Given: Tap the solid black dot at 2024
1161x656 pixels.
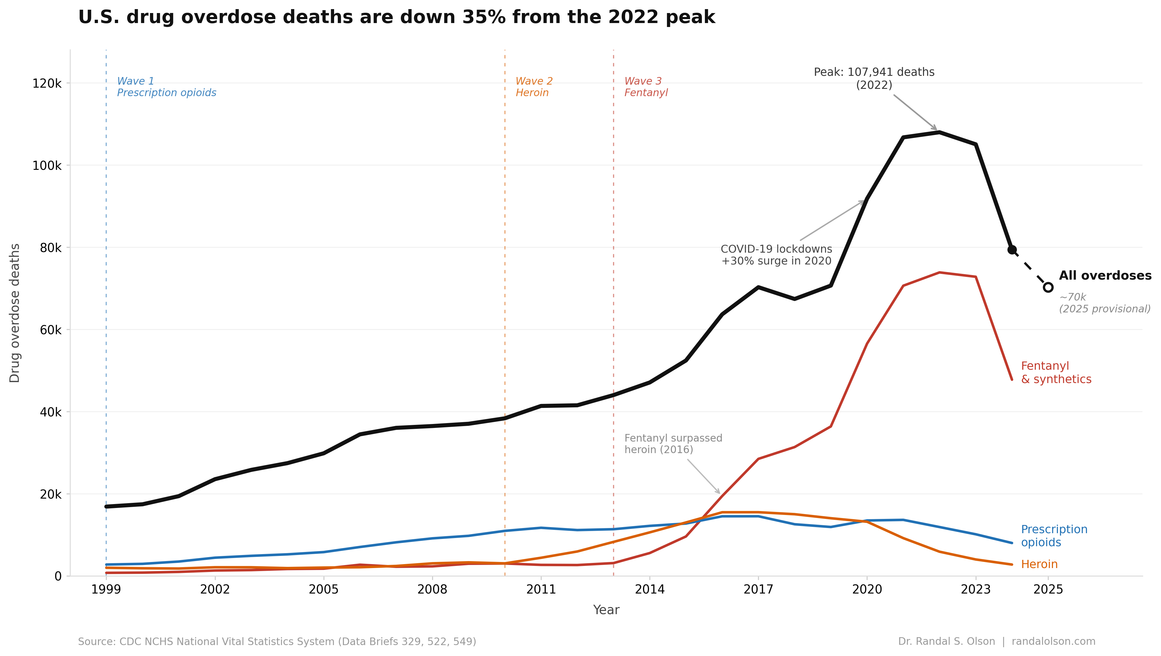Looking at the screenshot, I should pos(1012,250).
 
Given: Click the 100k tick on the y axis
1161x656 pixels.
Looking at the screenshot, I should pos(47,165).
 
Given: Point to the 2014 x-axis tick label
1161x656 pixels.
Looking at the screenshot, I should pos(649,589).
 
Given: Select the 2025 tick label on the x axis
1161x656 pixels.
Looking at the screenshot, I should pos(1048,589).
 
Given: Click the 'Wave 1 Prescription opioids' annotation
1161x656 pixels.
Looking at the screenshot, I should pos(166,87).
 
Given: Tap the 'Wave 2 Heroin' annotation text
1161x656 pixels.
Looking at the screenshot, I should pos(534,87).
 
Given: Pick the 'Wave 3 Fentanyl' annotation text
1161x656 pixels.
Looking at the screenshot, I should pos(645,87).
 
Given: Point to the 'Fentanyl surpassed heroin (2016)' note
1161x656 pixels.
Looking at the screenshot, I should pos(673,444).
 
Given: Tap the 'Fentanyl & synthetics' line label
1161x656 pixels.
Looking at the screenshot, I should pos(1055,373).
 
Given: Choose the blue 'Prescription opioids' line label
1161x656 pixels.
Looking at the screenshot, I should pos(1054,536).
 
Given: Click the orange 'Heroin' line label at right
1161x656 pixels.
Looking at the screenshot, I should pos(1039,564).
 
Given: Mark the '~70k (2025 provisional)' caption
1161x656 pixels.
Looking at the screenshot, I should pos(1104,303).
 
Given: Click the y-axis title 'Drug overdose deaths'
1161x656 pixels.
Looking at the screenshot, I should pos(15,313).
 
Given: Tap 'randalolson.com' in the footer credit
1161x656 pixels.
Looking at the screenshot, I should pos(1053,641).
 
